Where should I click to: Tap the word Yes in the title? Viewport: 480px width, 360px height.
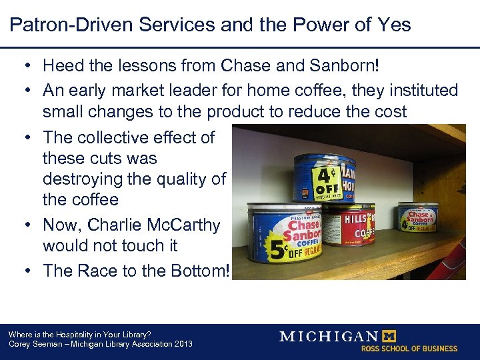[x=391, y=25]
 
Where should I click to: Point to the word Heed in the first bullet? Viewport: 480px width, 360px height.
[x=62, y=65]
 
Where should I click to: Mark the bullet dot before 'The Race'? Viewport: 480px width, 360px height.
[x=31, y=270]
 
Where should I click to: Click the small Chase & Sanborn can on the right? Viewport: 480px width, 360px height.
[x=418, y=217]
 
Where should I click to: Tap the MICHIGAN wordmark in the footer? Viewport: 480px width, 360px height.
[x=328, y=336]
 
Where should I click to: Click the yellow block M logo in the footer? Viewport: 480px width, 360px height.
[x=387, y=336]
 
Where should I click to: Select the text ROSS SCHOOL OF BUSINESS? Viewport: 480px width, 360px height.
[x=409, y=349]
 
